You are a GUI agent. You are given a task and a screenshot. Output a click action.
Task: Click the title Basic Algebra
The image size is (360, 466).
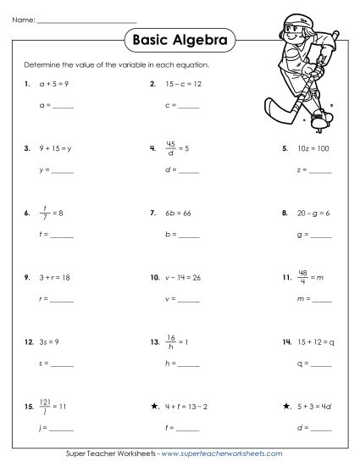click(x=180, y=39)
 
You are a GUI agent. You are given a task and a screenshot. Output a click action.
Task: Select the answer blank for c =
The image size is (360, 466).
click(x=188, y=107)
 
